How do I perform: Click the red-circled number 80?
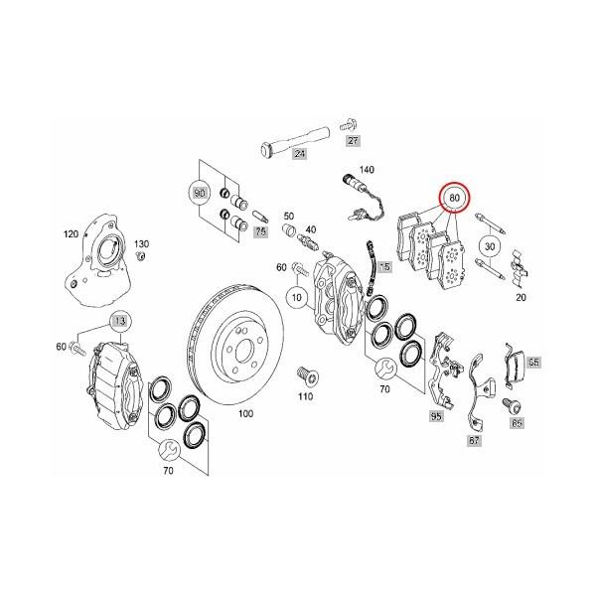[x=456, y=199]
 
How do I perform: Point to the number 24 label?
[x=296, y=151]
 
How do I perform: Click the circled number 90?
[x=199, y=190]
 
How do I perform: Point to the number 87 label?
[x=474, y=438]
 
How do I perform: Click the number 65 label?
[x=533, y=363]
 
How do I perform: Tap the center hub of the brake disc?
[x=239, y=339]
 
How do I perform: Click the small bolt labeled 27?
[x=347, y=124]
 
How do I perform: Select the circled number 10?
[x=296, y=296]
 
